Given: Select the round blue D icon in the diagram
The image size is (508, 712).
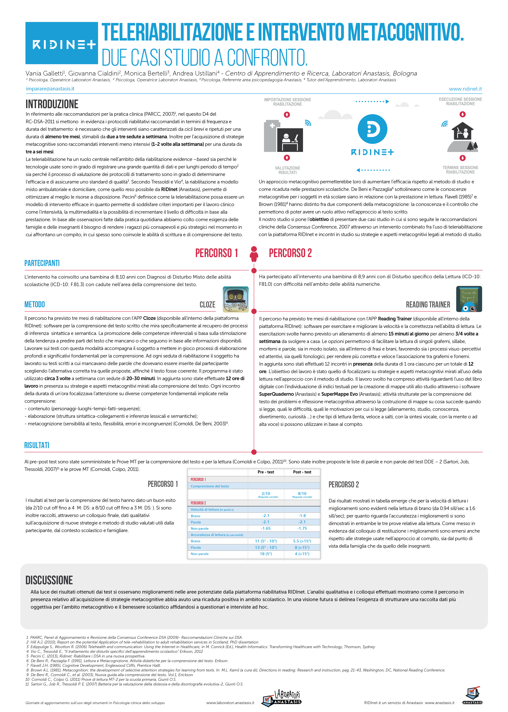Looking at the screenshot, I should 372,129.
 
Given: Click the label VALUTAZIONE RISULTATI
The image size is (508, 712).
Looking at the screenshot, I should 287,170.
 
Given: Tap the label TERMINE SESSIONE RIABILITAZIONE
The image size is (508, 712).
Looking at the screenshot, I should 460,170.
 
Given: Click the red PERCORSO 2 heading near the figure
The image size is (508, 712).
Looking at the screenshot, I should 290,253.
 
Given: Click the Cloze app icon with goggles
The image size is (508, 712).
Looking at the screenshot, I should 236,299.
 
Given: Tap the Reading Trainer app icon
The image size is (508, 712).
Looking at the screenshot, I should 469,299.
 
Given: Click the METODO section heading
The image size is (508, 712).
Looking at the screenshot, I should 35,304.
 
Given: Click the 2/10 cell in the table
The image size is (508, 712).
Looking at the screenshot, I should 266,494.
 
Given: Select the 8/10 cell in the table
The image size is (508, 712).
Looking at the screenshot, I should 302,494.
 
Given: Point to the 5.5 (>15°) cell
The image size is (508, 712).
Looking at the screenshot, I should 302,541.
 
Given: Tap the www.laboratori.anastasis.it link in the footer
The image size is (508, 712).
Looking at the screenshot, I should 230,703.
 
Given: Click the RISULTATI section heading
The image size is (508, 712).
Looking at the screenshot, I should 37,445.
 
